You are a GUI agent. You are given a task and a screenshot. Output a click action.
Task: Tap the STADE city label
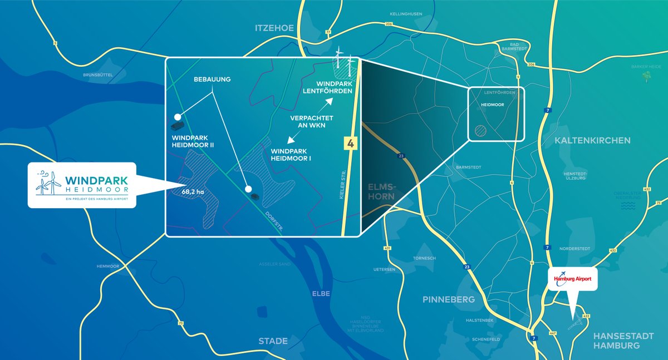click(x=273, y=341)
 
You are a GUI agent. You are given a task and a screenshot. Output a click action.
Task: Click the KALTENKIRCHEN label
click(x=593, y=141)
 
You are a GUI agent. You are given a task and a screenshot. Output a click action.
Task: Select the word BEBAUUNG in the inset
click(x=212, y=80)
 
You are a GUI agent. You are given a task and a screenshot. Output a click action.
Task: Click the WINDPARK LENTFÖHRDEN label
click(x=328, y=87)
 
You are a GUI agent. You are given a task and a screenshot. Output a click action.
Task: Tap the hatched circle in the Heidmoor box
click(x=480, y=131)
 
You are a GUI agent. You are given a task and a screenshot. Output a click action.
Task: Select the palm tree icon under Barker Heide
click(x=647, y=76)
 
